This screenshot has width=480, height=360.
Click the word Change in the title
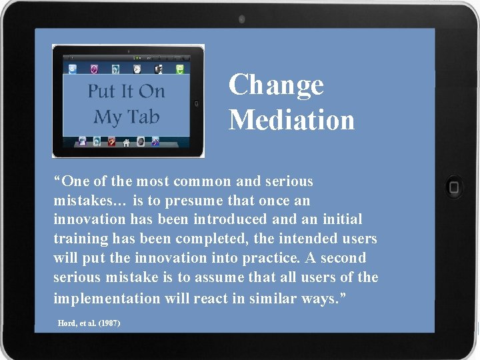(276, 85)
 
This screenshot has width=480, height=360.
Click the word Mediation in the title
(291, 120)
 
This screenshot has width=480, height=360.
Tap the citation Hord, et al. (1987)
(89, 323)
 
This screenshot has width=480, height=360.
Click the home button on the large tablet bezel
(455, 187)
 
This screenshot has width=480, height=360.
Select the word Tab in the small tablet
(145, 117)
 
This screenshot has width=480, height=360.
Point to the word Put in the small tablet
(102, 91)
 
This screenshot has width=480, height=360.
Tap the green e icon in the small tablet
(180, 69)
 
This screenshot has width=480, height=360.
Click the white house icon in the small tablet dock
(126, 142)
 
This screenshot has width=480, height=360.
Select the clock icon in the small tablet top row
(137, 69)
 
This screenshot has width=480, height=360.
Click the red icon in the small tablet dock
(111, 141)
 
